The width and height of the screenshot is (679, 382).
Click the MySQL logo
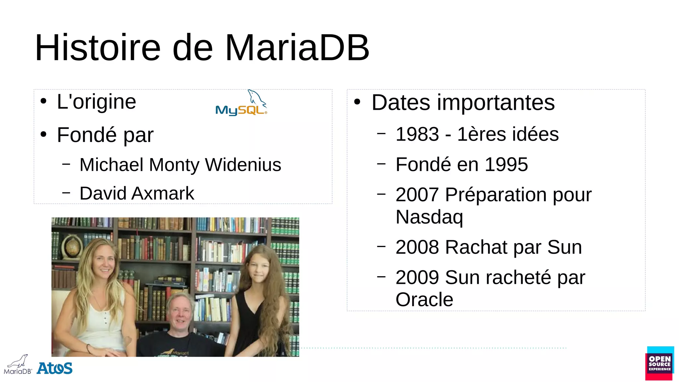(241, 103)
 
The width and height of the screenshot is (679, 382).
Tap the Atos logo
(54, 368)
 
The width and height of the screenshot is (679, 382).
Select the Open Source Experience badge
(659, 363)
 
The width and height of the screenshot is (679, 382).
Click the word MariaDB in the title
(297, 48)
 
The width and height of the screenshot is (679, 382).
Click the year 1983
(417, 134)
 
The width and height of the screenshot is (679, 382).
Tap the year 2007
(417, 195)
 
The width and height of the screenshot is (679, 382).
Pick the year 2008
(417, 247)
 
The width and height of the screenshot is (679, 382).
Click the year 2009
(417, 278)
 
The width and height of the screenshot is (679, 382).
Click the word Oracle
(424, 300)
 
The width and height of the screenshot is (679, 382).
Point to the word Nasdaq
(429, 217)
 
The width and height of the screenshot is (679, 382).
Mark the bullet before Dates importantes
(357, 102)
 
